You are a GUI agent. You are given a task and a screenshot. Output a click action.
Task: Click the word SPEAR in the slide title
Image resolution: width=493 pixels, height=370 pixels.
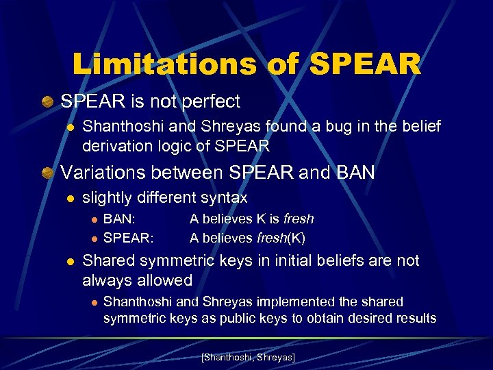[x=366, y=64]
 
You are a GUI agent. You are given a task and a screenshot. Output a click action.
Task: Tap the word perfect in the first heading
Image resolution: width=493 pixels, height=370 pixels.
[x=207, y=101]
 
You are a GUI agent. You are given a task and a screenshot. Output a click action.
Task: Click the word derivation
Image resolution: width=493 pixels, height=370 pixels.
[x=116, y=146]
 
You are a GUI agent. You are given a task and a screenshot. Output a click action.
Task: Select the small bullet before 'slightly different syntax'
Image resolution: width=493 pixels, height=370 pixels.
[x=69, y=199]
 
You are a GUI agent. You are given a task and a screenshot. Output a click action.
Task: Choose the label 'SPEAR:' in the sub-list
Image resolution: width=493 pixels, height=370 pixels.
[x=129, y=238]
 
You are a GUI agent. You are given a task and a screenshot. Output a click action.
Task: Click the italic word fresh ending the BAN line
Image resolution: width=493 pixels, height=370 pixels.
[x=299, y=219]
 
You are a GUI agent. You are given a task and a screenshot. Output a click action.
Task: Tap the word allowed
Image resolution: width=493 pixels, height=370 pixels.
[x=165, y=280]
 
